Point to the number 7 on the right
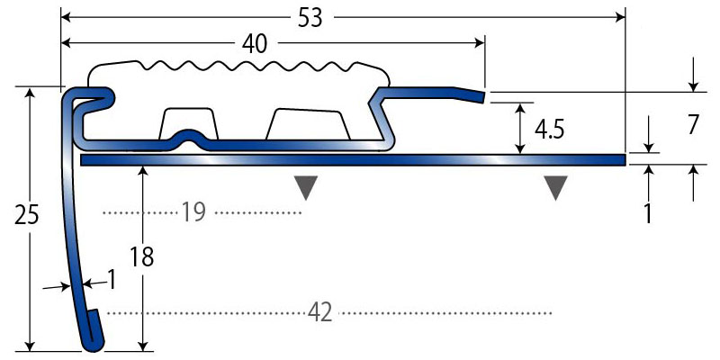pyautogui.click(x=693, y=125)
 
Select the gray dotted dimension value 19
pyautogui.click(x=193, y=213)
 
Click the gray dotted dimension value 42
pyautogui.click(x=319, y=313)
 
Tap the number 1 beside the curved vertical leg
pyautogui.click(x=112, y=280)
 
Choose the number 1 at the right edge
pyautogui.click(x=648, y=212)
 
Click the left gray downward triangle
pyautogui.click(x=307, y=187)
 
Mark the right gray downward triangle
pyautogui.click(x=556, y=187)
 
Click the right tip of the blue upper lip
pyautogui.click(x=483, y=94)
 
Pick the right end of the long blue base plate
pyautogui.click(x=622, y=160)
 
